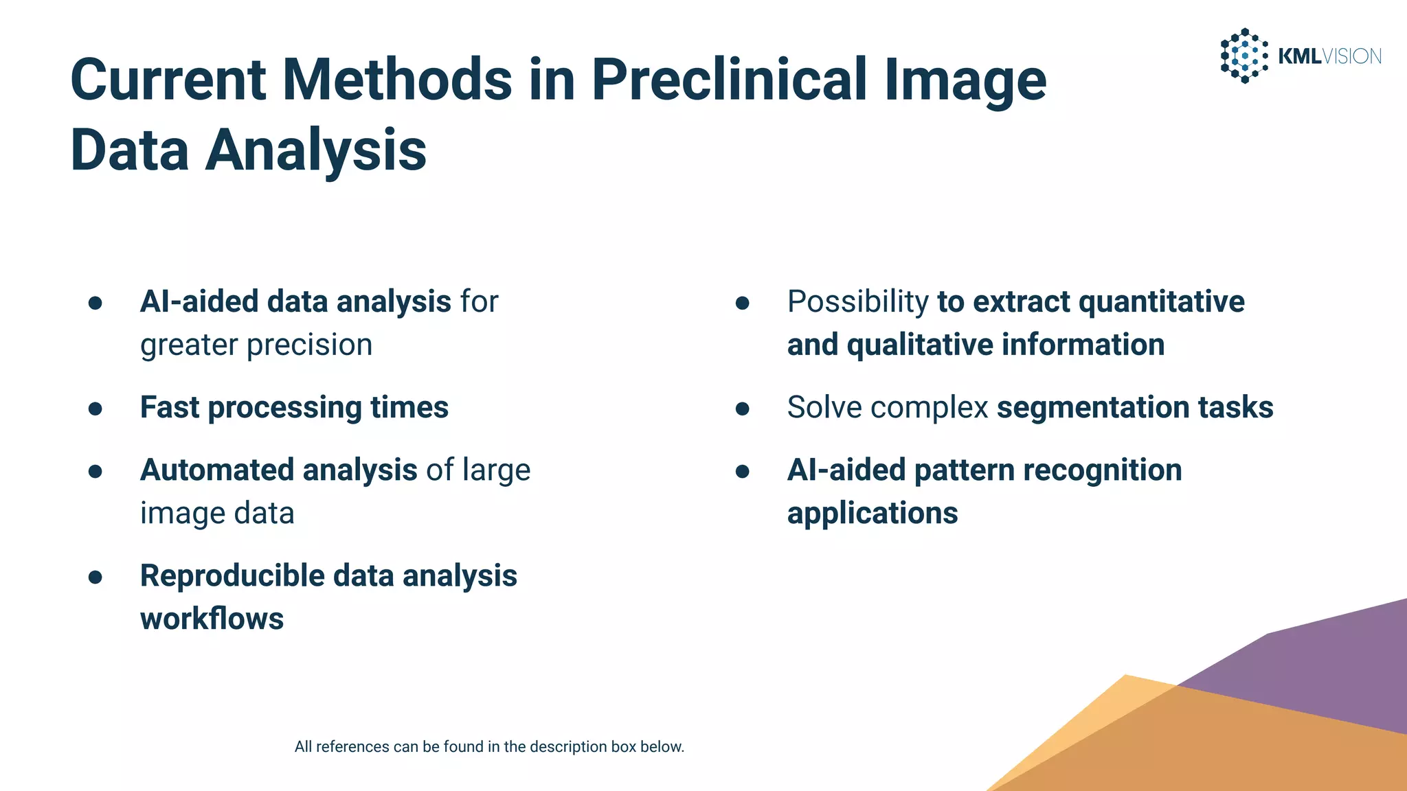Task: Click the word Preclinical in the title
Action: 730,80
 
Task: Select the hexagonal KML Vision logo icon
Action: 1243,56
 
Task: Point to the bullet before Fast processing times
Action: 95,409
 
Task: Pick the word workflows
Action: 212,619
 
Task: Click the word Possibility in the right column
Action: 857,302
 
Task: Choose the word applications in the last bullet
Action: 872,514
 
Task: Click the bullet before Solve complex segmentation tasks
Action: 742,409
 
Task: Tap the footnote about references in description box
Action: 489,747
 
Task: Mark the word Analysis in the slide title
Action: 316,150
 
